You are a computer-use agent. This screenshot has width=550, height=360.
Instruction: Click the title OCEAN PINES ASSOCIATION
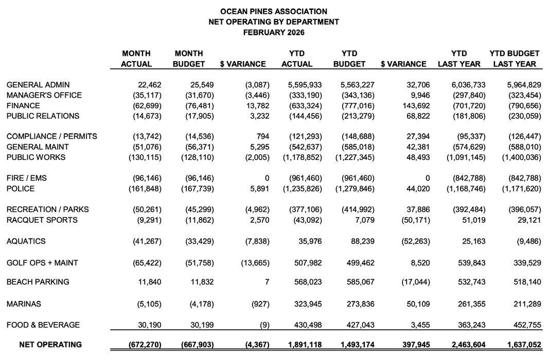[x=273, y=11]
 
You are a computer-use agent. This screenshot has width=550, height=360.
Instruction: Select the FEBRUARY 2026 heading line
[x=273, y=32]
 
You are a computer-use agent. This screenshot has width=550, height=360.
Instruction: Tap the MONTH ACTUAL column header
[x=136, y=59]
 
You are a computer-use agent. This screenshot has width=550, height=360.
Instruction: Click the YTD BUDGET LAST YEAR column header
[x=514, y=59]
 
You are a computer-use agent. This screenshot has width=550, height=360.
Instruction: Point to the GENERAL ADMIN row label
[x=38, y=85]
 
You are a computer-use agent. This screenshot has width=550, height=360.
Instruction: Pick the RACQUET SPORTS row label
[x=42, y=220]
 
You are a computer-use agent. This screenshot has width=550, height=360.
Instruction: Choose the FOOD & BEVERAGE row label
[x=43, y=325]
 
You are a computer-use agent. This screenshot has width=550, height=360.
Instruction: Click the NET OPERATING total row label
[x=50, y=345]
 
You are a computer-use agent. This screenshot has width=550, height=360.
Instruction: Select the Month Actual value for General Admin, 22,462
[x=150, y=85]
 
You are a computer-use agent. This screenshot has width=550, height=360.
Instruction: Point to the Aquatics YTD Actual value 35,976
[x=309, y=241]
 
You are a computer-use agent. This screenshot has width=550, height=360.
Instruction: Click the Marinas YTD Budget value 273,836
[x=361, y=304]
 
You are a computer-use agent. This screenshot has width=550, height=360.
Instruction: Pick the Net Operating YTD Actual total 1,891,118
[x=302, y=345]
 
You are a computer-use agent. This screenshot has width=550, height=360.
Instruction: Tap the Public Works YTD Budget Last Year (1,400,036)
[x=521, y=157]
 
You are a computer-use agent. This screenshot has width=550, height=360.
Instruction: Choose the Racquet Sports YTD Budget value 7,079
[x=364, y=220]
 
